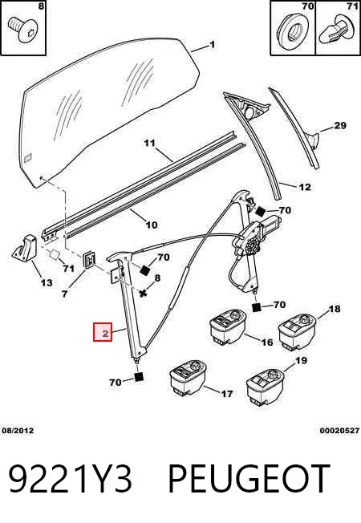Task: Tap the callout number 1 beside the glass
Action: click(x=213, y=44)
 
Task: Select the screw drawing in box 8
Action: click(x=22, y=30)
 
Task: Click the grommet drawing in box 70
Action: click(x=291, y=30)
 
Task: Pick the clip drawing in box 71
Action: click(x=338, y=30)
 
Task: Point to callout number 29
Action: click(x=340, y=126)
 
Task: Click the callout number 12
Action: click(x=305, y=187)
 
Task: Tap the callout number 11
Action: click(x=150, y=143)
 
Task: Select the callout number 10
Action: click(x=152, y=225)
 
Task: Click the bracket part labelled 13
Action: click(x=26, y=248)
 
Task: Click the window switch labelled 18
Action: click(x=298, y=330)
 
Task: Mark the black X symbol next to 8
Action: click(x=144, y=294)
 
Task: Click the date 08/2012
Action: click(x=18, y=431)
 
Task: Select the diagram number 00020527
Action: click(x=339, y=431)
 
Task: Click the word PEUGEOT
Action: click(x=249, y=478)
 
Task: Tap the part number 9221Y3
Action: click(x=71, y=478)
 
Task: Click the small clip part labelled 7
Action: click(x=89, y=260)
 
